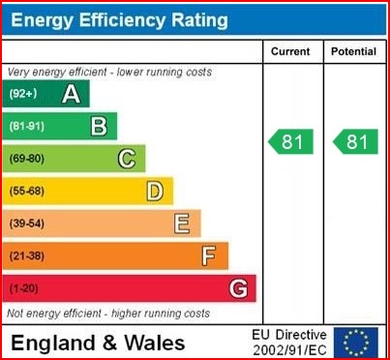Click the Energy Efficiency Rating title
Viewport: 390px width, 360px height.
pos(119,20)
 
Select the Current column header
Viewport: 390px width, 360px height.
pos(290,51)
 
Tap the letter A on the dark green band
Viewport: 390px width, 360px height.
pos(71,94)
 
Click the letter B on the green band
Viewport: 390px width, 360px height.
pos(99,126)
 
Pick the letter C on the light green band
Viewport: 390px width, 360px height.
pos(127,159)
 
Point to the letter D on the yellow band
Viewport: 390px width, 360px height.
pos(155,192)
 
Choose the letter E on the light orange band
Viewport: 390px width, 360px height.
pos(182,224)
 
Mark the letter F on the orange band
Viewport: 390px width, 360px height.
pos(209,256)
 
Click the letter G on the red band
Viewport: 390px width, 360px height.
pos(238,288)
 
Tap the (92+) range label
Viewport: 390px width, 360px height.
pos(23,94)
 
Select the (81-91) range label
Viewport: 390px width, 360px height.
pos(27,126)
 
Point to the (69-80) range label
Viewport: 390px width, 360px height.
pos(27,159)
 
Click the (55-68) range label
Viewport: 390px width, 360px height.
pos(27,192)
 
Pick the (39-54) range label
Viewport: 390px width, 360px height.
pos(27,224)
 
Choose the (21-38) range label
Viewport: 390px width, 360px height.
pos(27,256)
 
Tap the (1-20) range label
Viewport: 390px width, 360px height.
pos(24,288)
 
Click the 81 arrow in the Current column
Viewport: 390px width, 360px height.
pos(291,142)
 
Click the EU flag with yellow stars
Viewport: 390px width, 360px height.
pos(357,342)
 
